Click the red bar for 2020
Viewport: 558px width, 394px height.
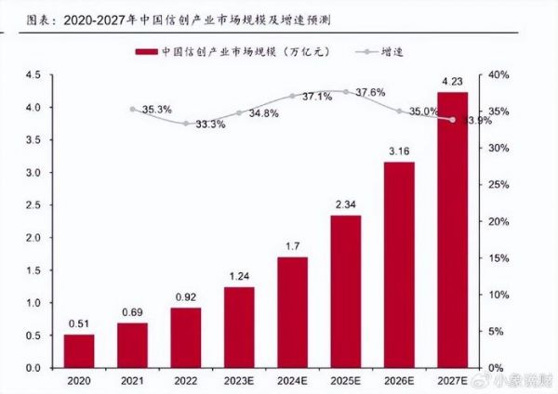[x=79, y=350]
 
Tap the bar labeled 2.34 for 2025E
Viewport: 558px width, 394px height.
[x=345, y=292]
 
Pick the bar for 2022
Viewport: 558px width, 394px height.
[x=185, y=337]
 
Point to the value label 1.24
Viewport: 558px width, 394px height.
[x=239, y=276]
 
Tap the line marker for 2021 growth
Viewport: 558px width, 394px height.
[x=132, y=109]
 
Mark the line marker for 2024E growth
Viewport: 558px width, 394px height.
[x=292, y=96]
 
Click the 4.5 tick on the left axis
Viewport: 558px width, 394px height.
[x=33, y=74]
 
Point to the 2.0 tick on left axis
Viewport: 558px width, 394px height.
[x=33, y=238]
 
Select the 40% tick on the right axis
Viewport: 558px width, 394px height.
[x=498, y=74]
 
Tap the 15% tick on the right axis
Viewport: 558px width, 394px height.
[x=498, y=258]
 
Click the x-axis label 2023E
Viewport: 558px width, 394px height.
[x=239, y=381]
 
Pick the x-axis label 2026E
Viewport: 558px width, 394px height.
[x=399, y=381]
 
